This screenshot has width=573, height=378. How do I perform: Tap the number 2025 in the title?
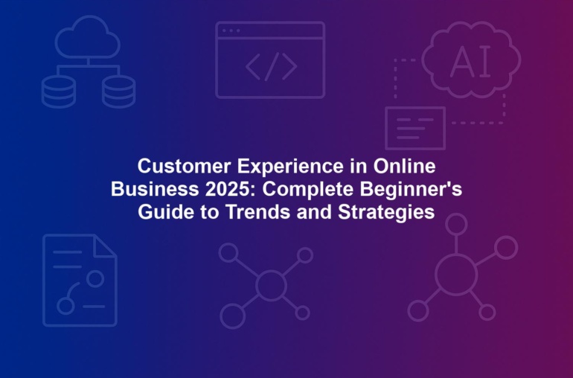[230, 189]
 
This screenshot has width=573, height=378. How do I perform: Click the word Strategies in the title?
[386, 212]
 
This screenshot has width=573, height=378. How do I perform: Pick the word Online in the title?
[404, 166]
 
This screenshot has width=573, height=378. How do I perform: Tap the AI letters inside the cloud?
[470, 62]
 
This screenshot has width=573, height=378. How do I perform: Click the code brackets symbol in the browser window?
[271, 66]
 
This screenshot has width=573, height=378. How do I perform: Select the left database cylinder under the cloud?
[59, 92]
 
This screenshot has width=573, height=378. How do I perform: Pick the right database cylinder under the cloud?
[118, 92]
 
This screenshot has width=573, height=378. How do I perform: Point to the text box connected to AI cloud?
[415, 128]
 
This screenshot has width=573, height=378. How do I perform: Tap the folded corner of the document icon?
[105, 246]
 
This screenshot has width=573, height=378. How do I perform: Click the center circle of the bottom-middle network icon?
[271, 285]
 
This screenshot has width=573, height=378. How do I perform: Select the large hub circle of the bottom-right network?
[456, 275]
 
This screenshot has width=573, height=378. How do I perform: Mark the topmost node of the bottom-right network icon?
[456, 224]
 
